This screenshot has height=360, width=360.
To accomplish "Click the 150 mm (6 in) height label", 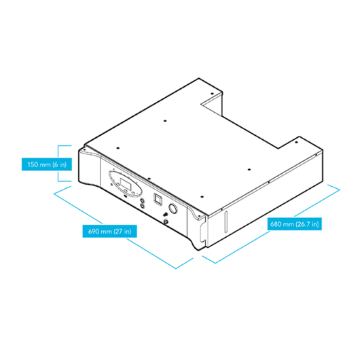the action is (x=47, y=164).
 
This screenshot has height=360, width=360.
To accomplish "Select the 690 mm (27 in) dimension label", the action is (x=110, y=231).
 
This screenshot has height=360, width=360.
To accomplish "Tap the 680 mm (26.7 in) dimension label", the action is (x=295, y=224).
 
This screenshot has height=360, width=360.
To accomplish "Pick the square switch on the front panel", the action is (x=158, y=198).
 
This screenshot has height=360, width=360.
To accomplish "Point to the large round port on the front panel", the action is (x=173, y=209).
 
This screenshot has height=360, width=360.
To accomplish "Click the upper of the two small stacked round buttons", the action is (x=142, y=201).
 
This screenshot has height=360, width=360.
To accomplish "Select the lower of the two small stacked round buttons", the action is (x=142, y=206).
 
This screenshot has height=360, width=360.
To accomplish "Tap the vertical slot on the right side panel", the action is (x=226, y=222).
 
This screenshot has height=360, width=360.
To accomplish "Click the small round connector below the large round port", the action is (x=166, y=222).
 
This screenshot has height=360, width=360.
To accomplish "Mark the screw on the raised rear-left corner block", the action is (x=212, y=94).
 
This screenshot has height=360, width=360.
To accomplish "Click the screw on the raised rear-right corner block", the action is (x=296, y=143).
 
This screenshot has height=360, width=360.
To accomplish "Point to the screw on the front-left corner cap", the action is (x=84, y=149).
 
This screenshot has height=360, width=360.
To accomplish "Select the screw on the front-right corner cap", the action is (x=199, y=216).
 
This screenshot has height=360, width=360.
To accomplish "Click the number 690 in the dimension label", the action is (x=94, y=231).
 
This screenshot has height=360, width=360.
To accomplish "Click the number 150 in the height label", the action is (x=33, y=164).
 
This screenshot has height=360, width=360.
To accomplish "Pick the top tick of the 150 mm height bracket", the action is (x=65, y=145).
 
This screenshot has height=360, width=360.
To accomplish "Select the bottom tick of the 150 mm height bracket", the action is (x=65, y=181).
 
